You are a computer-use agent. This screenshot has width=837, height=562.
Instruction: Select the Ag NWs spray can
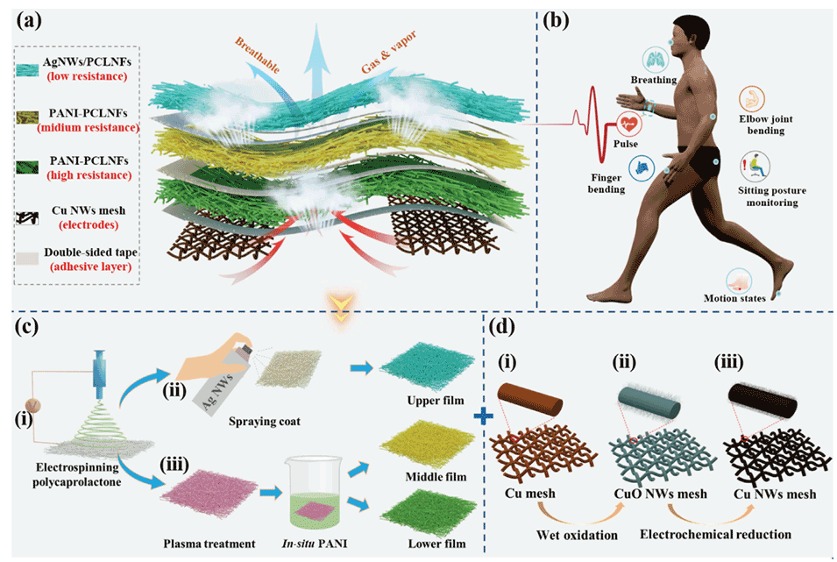(x=216, y=385)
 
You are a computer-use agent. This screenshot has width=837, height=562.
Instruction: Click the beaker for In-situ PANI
(x=309, y=502)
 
